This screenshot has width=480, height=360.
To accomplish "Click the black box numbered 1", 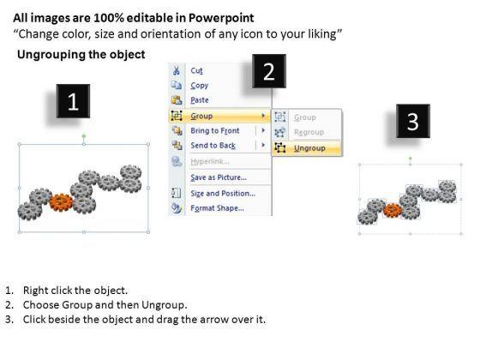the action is (x=73, y=101).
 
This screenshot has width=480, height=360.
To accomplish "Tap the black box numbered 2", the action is (x=269, y=71).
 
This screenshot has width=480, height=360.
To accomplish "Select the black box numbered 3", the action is (x=413, y=121).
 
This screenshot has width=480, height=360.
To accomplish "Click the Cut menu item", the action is (x=196, y=70).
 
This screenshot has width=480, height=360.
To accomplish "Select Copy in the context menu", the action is (x=199, y=86).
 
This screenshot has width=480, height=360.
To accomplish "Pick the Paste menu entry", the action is (x=200, y=100).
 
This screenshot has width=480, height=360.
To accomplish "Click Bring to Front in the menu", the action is (x=215, y=130).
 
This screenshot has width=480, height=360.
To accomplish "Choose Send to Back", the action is (x=213, y=146).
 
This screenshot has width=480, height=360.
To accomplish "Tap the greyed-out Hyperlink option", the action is (x=210, y=161).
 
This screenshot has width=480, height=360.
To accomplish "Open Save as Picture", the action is (x=219, y=177).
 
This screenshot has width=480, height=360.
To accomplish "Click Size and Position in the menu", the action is (x=223, y=194).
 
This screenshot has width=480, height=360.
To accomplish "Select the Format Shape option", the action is (x=218, y=208).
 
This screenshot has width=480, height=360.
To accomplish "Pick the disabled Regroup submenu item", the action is (x=309, y=132).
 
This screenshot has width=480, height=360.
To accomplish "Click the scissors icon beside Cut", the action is (x=177, y=70).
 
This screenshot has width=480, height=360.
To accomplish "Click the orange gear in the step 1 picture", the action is (x=61, y=202).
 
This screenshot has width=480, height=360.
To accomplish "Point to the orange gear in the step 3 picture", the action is (x=393, y=210).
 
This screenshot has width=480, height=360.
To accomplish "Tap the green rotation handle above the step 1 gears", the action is (x=84, y=136).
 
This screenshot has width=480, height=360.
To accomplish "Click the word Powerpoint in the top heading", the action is (x=221, y=18).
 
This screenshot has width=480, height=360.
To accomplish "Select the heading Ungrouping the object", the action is (x=81, y=55).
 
